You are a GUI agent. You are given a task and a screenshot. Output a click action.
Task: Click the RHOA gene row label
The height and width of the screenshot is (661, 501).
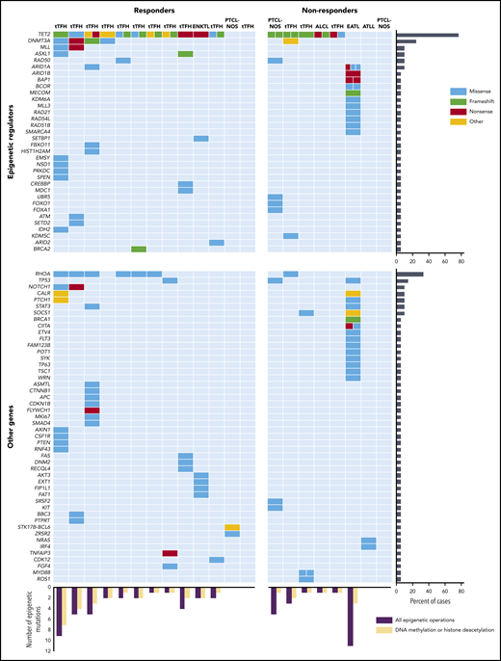point(44,274)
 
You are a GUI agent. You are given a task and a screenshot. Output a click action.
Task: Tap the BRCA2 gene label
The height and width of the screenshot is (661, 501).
point(43,250)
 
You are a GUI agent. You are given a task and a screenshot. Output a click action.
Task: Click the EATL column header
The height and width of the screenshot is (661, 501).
point(354,25)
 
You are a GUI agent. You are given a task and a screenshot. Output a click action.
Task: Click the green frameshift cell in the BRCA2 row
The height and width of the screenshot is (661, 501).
point(139,250)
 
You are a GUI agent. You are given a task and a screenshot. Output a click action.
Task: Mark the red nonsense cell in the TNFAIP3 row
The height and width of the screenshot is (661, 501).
point(170,552)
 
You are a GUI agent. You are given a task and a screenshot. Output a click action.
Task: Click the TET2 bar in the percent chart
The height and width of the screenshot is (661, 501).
point(428,34)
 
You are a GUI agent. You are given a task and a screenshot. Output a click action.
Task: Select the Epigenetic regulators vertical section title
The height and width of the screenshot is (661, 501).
point(9,140)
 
